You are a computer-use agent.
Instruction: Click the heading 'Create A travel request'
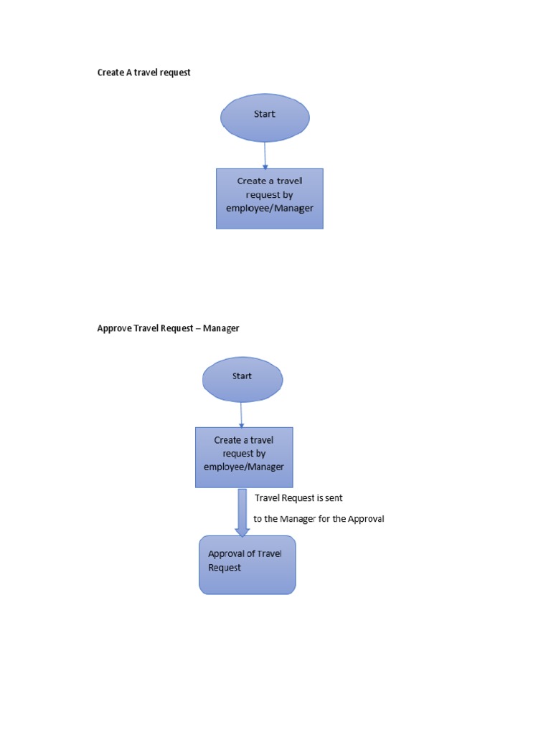click(143, 72)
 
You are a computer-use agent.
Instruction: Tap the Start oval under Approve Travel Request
click(242, 379)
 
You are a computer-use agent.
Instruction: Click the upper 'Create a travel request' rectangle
click(270, 199)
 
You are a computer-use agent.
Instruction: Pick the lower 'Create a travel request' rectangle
click(244, 457)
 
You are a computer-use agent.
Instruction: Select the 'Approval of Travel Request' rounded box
click(247, 565)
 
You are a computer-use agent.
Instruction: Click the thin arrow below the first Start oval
click(265, 155)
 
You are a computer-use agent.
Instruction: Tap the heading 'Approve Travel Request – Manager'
click(168, 328)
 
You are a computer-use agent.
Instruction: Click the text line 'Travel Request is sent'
click(298, 497)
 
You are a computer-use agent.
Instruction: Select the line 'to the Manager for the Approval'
click(319, 518)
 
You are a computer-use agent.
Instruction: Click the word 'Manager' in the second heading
click(221, 328)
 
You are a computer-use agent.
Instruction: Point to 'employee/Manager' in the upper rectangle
click(270, 208)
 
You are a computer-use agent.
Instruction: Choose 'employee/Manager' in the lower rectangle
click(244, 467)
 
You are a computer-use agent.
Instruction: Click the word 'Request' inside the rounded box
click(225, 567)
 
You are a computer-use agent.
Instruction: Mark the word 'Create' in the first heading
click(110, 72)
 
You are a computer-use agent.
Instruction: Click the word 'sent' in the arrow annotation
click(334, 497)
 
